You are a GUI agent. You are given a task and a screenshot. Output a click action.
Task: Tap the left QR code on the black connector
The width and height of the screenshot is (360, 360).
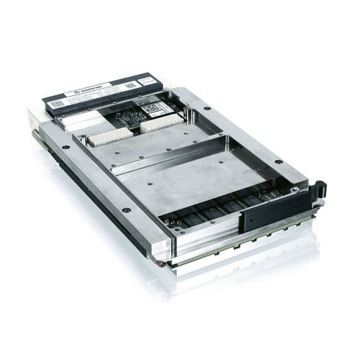(x=58, y=103)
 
